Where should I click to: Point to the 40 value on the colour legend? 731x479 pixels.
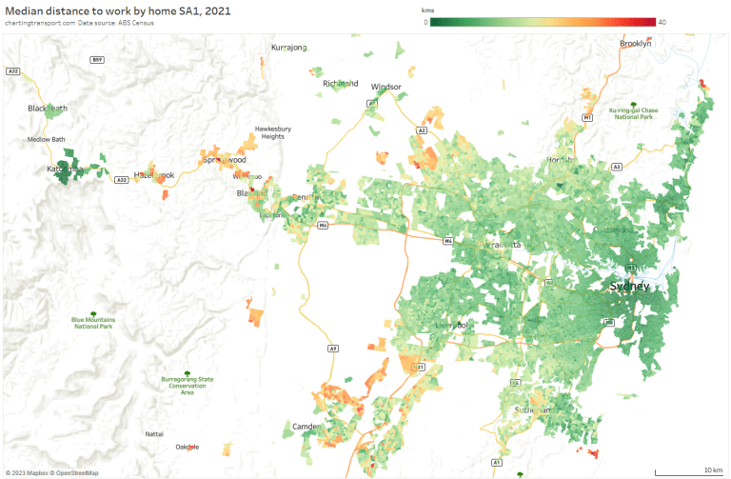point(662,22)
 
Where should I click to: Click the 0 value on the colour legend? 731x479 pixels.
point(425,22)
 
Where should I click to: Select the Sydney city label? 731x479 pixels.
point(630,287)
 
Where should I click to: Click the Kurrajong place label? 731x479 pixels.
point(289,47)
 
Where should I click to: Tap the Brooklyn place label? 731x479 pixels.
point(635,44)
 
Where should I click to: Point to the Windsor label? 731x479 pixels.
point(386,87)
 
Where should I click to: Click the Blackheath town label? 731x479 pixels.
point(48,109)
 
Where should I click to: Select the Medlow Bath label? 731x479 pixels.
point(46,139)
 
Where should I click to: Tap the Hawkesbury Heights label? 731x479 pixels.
point(272,132)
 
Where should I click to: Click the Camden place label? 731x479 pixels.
point(306,426)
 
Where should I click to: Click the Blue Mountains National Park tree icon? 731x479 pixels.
point(92,313)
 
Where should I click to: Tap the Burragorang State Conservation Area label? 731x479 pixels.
point(187,385)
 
